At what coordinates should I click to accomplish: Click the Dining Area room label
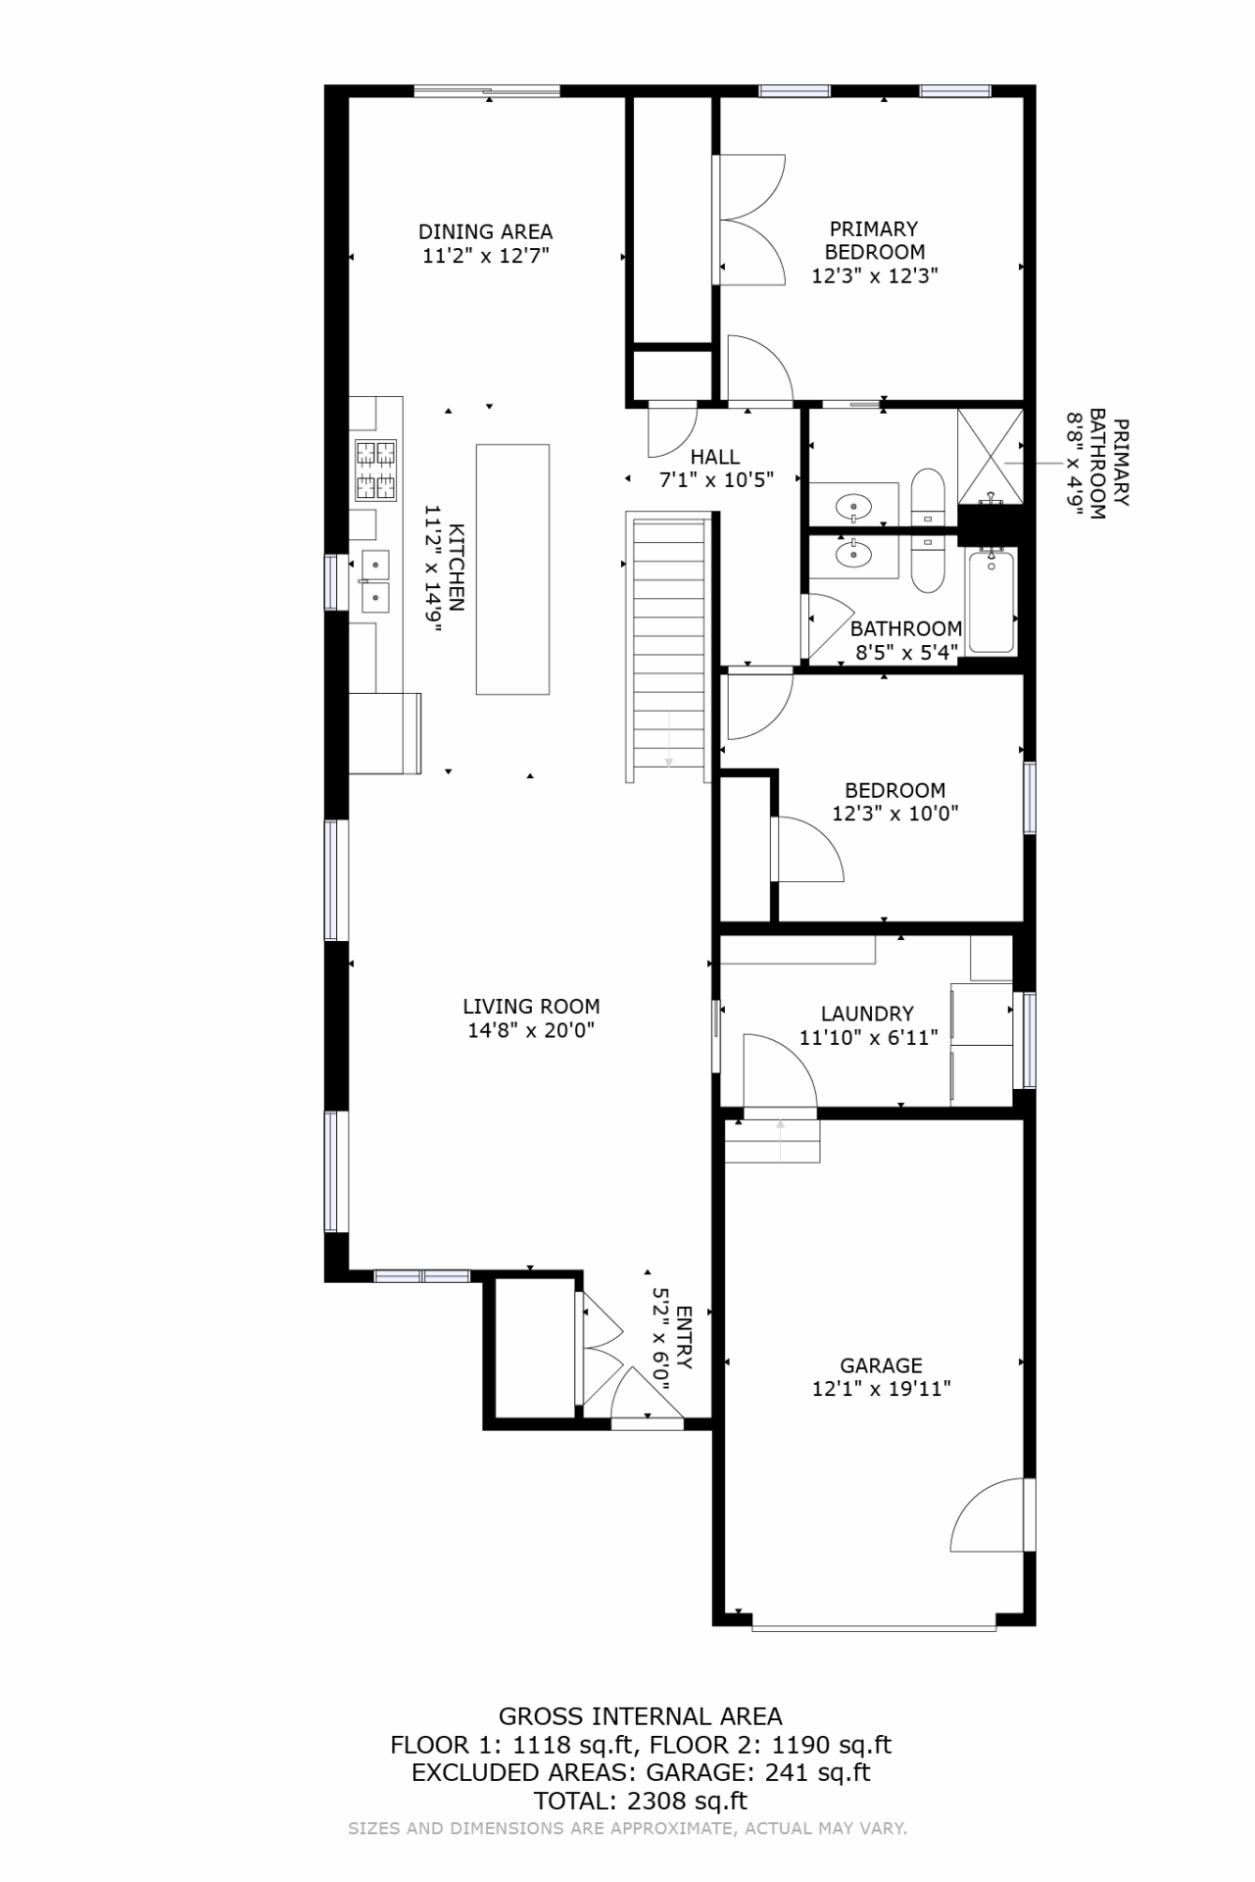485,232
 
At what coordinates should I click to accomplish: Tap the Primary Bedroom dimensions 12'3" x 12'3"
875,275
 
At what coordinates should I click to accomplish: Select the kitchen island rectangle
512,570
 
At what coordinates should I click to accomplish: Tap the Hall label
715,457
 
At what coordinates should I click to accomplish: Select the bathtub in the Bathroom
992,601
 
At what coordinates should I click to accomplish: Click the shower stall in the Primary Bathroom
990,457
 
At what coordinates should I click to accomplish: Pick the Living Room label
531,1007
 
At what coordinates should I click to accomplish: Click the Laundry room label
867,1015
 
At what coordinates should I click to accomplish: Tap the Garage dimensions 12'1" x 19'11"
882,1389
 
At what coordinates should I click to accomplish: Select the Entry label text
684,1338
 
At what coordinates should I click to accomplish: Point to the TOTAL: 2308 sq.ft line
641,1801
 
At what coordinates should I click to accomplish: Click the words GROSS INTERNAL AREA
641,1717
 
